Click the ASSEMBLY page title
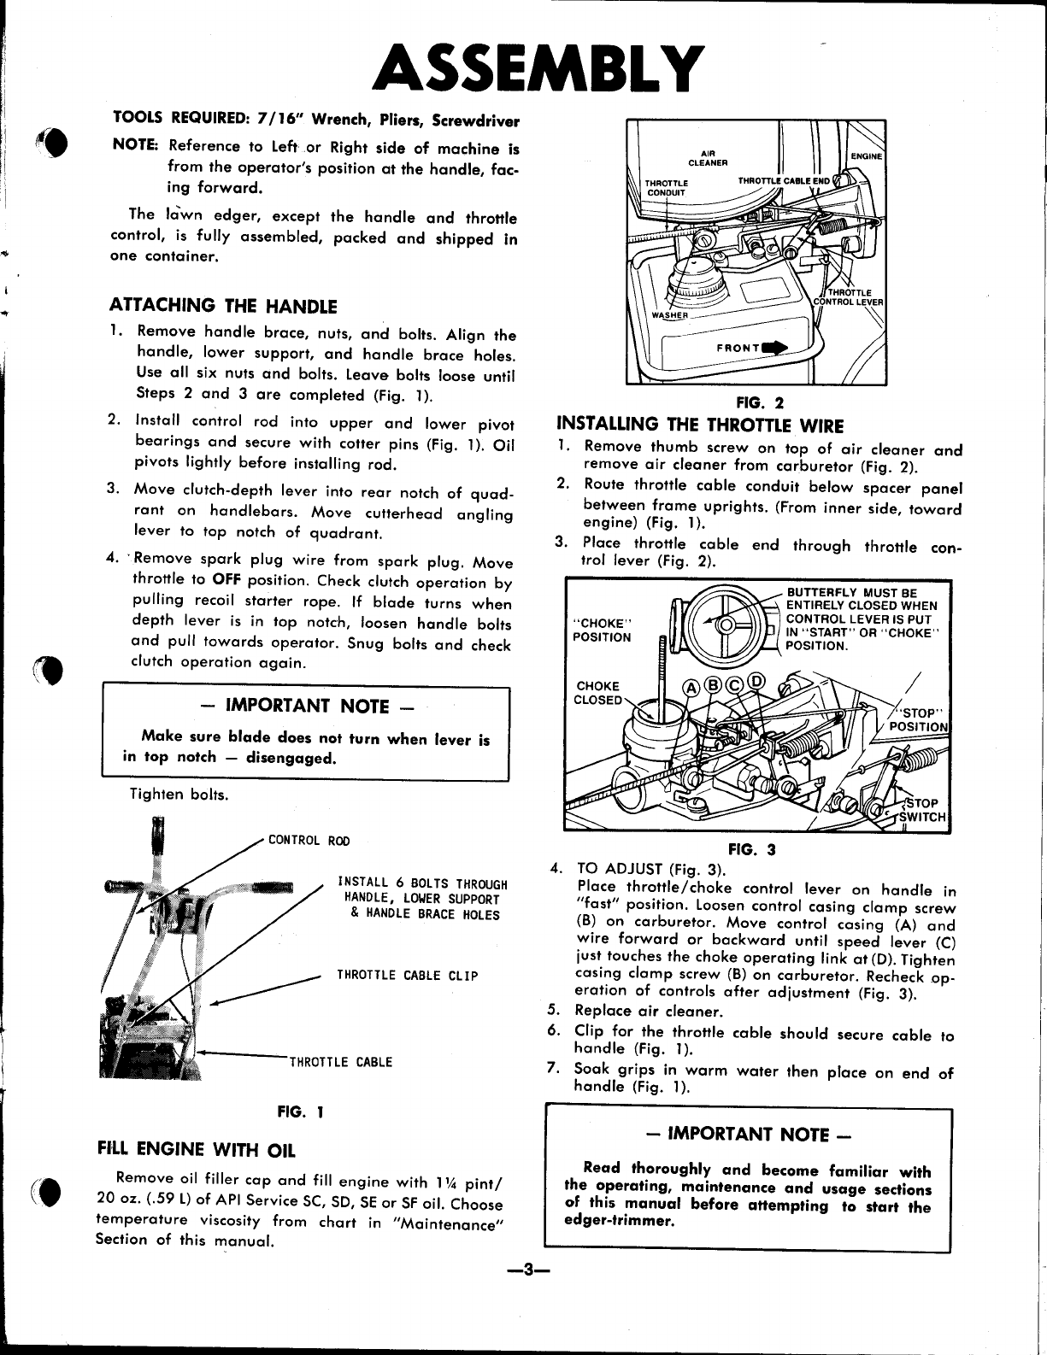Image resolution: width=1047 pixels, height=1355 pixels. (538, 69)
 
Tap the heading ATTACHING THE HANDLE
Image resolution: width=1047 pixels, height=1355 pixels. (223, 306)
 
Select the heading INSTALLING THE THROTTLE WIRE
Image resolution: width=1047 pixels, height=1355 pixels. (700, 425)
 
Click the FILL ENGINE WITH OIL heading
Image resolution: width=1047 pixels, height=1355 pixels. (197, 1148)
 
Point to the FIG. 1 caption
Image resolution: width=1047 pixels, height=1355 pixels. (301, 1112)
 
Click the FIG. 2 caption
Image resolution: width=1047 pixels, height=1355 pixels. (760, 402)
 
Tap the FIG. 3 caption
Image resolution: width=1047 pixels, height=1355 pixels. (752, 848)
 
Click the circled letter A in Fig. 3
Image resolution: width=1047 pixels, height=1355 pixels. (691, 688)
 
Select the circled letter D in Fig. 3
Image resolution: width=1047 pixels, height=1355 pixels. (756, 681)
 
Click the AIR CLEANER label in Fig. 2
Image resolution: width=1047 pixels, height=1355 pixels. (708, 158)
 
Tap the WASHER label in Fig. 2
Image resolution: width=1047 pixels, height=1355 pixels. (670, 315)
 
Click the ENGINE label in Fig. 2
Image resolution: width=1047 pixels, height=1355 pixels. (866, 155)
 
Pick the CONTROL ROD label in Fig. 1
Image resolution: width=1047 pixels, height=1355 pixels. (309, 841)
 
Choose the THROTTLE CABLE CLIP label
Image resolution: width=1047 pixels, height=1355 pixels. (407, 976)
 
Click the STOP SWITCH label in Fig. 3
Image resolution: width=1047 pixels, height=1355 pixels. (923, 810)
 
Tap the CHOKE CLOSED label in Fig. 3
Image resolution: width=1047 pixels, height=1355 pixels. (598, 693)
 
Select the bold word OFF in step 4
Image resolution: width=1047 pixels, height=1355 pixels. (226, 579)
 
